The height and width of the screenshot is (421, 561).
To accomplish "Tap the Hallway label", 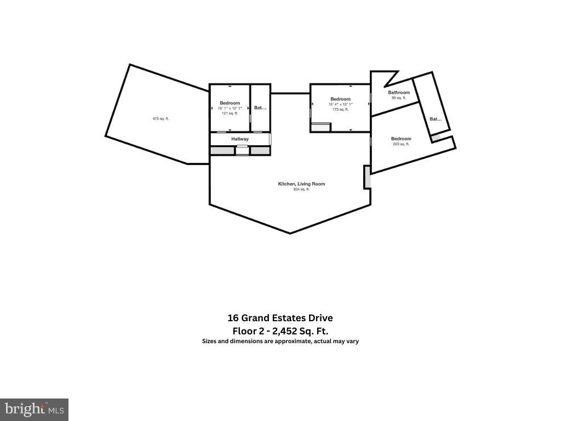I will point(240,139).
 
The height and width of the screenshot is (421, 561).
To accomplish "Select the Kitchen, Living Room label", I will point(301,184).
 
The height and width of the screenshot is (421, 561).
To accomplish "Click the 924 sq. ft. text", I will point(301,190).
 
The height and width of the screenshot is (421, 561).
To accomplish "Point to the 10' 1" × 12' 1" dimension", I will point(230,109).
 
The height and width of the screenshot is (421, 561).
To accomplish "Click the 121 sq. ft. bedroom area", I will point(230,113).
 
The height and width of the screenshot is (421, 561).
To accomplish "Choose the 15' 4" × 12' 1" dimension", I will point(340,104).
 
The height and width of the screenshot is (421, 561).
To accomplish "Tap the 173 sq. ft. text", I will point(340,109).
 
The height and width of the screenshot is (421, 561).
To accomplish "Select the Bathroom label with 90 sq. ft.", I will point(399,93).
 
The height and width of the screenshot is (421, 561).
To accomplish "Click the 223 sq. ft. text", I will point(401,144).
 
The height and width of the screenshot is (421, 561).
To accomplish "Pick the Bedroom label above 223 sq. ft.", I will point(401,139).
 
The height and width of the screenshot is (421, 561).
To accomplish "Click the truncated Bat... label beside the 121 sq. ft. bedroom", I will point(260,108).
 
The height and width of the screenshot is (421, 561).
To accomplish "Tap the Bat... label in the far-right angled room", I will point(435,119).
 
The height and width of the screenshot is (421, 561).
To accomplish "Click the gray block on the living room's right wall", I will point(367,178).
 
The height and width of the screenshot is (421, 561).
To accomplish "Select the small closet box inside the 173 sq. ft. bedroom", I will point(320,127).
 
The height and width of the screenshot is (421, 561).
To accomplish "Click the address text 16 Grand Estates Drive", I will point(280,318).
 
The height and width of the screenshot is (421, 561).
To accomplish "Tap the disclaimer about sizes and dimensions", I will point(280,341).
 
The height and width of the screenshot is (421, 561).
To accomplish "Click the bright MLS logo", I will point(34,409).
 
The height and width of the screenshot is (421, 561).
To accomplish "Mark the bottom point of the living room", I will point(290,234).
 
